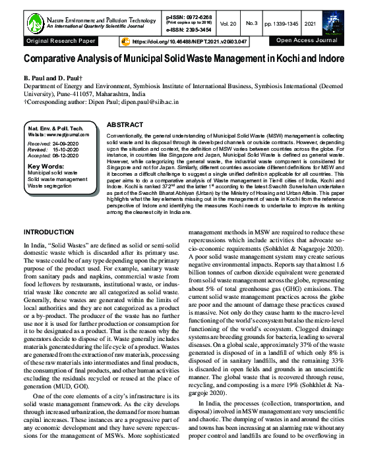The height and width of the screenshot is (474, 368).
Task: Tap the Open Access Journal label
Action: click(x=306, y=41)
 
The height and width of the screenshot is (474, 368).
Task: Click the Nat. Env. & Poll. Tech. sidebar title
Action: click(x=57, y=127)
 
